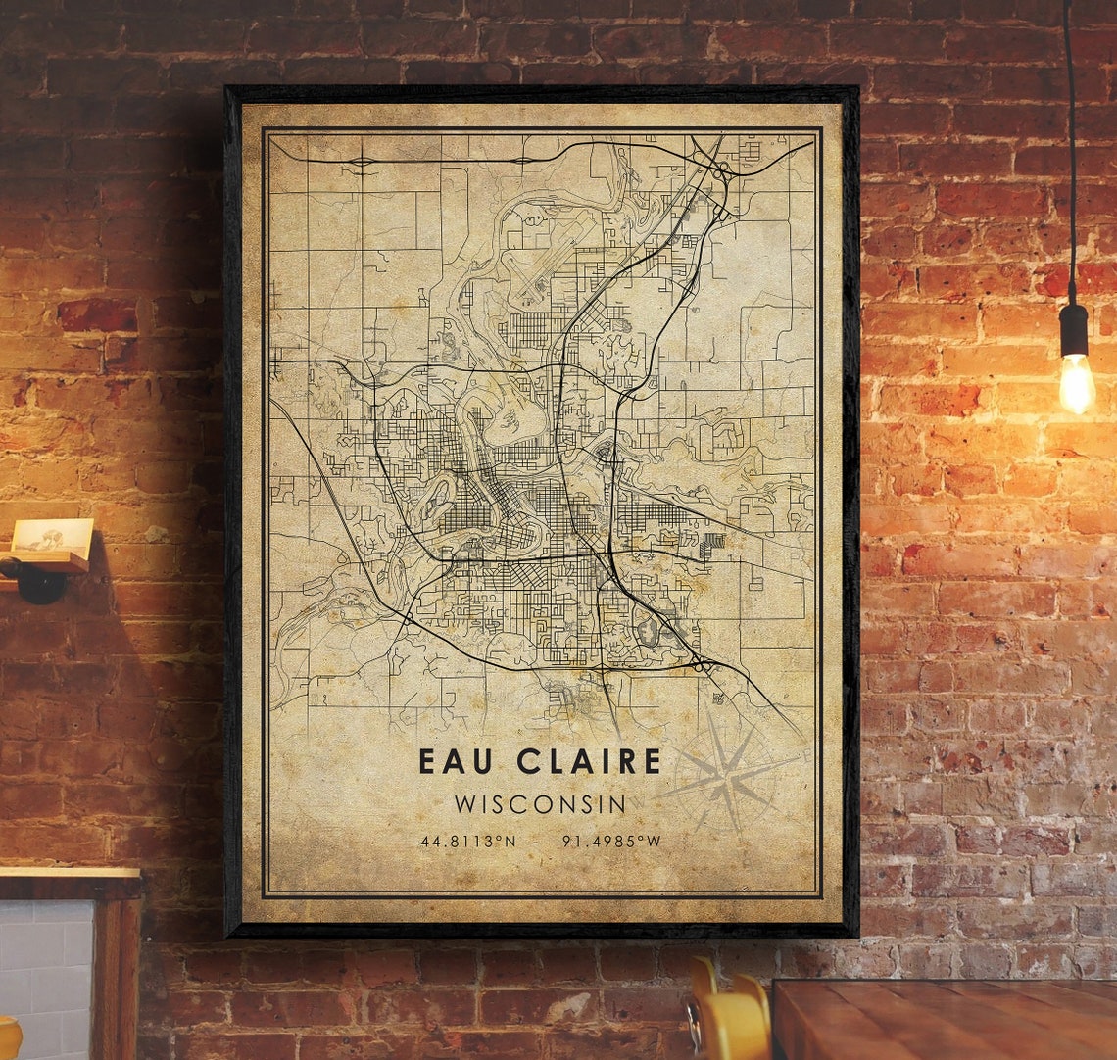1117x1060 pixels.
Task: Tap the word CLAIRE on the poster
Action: [x=585, y=761]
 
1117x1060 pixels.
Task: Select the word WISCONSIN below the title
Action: [x=540, y=804]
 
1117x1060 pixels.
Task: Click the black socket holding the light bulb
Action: [x=1074, y=329]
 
